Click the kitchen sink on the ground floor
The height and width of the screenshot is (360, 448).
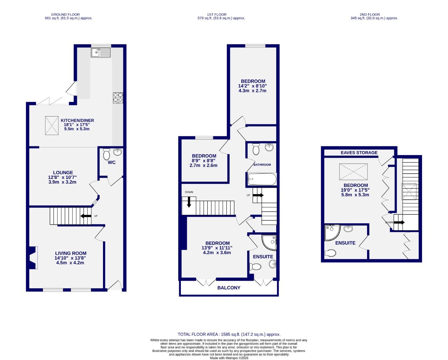[100, 52]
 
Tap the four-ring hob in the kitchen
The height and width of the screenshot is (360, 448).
[118, 97]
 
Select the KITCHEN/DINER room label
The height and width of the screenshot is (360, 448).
[77, 120]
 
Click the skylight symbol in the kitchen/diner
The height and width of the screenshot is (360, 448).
[52, 125]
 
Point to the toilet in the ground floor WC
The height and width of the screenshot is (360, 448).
[107, 154]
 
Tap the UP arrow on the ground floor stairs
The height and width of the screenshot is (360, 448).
[86, 216]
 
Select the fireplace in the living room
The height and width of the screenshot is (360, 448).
[32, 258]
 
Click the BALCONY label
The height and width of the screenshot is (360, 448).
[228, 288]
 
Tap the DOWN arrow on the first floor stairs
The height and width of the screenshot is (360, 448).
[189, 202]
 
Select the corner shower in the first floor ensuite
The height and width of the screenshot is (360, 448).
[269, 242]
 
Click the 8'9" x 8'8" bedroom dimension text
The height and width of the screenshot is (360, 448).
[204, 161]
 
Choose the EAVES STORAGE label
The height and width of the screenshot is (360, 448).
[359, 153]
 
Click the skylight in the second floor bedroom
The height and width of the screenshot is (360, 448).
[353, 172]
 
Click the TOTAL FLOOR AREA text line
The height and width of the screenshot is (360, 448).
[229, 334]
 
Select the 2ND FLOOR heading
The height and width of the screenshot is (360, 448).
[369, 14]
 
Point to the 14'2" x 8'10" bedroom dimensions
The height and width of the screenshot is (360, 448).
[253, 86]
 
